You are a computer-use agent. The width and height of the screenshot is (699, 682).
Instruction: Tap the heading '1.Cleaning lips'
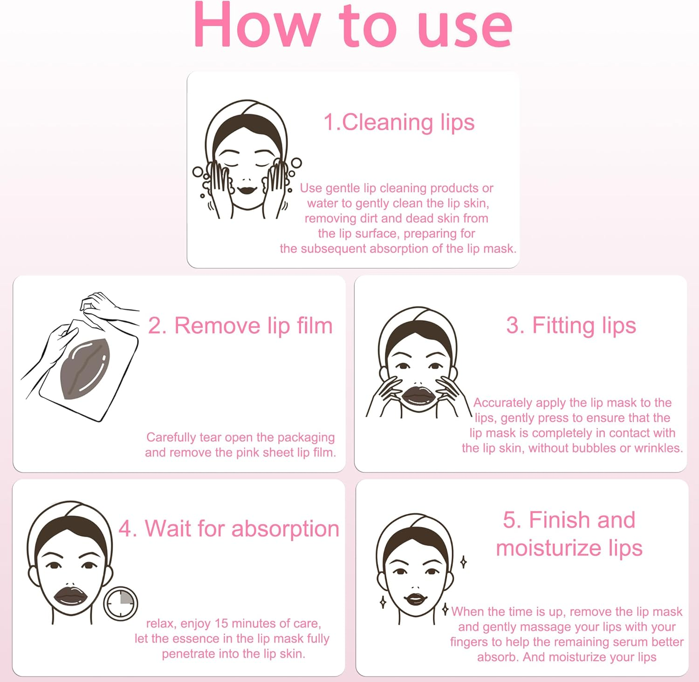[x=399, y=122]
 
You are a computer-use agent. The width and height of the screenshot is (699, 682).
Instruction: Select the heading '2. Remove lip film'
[x=240, y=325]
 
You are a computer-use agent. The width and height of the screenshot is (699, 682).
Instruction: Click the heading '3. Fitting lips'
[x=571, y=325]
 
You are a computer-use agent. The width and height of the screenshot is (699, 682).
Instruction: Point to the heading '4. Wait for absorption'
[x=229, y=529]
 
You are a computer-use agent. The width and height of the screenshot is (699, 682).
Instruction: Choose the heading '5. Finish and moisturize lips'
[x=569, y=533]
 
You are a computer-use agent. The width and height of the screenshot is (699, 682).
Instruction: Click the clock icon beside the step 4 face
[x=120, y=604]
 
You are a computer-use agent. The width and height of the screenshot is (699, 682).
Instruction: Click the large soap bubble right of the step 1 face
[x=296, y=163]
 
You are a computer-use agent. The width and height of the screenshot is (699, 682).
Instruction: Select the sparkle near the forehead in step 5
[x=463, y=562]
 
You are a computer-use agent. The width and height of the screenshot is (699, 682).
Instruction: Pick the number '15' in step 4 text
[x=221, y=623]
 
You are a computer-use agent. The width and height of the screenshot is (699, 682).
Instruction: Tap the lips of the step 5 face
[x=416, y=598]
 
